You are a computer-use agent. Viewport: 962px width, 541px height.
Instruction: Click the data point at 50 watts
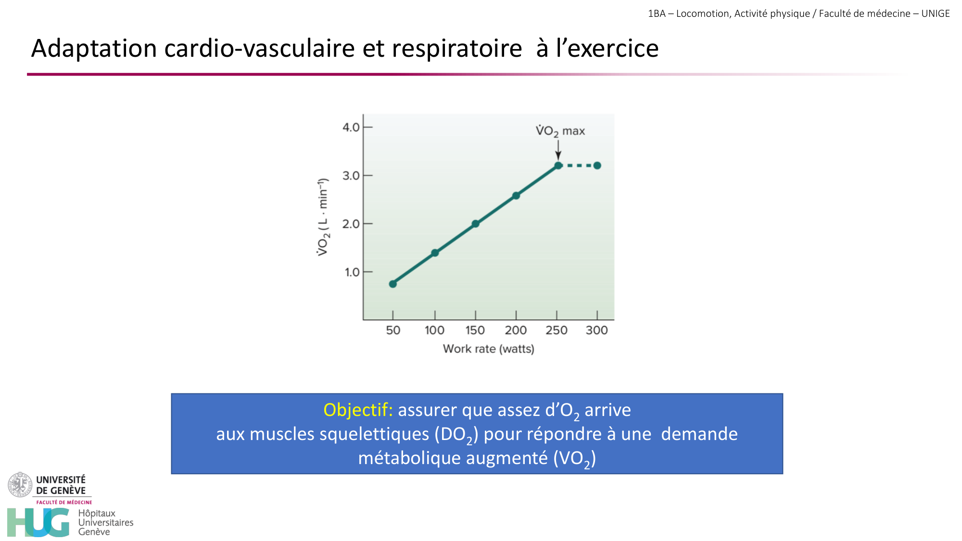point(392,284)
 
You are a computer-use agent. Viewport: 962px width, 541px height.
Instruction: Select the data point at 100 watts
point(435,252)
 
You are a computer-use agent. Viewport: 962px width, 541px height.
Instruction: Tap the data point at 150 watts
point(475,224)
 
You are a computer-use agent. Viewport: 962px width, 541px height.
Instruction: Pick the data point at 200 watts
point(516,196)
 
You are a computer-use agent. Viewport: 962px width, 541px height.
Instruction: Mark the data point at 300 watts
point(597,165)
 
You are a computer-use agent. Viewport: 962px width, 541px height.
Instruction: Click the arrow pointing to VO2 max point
point(558,150)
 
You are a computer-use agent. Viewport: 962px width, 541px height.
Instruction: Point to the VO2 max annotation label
point(560,131)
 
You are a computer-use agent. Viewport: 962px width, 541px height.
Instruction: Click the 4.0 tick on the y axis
point(351,127)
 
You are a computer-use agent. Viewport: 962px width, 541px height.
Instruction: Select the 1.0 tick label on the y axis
point(352,272)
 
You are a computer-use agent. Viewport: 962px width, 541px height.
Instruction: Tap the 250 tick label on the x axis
point(557,330)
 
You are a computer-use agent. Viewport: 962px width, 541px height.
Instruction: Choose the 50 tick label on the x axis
point(393,330)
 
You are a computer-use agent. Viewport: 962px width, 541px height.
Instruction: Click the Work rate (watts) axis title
point(488,349)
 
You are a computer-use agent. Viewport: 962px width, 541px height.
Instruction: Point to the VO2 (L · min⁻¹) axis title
point(323,216)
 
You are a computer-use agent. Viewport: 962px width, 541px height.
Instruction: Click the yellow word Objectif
point(358,410)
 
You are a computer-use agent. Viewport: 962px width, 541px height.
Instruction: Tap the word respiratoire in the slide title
point(456,49)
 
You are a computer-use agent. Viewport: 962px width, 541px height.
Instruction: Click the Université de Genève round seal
point(20,484)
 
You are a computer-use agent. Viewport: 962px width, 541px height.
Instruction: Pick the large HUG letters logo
point(38,522)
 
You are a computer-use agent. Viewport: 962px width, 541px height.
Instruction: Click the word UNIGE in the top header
point(936,13)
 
